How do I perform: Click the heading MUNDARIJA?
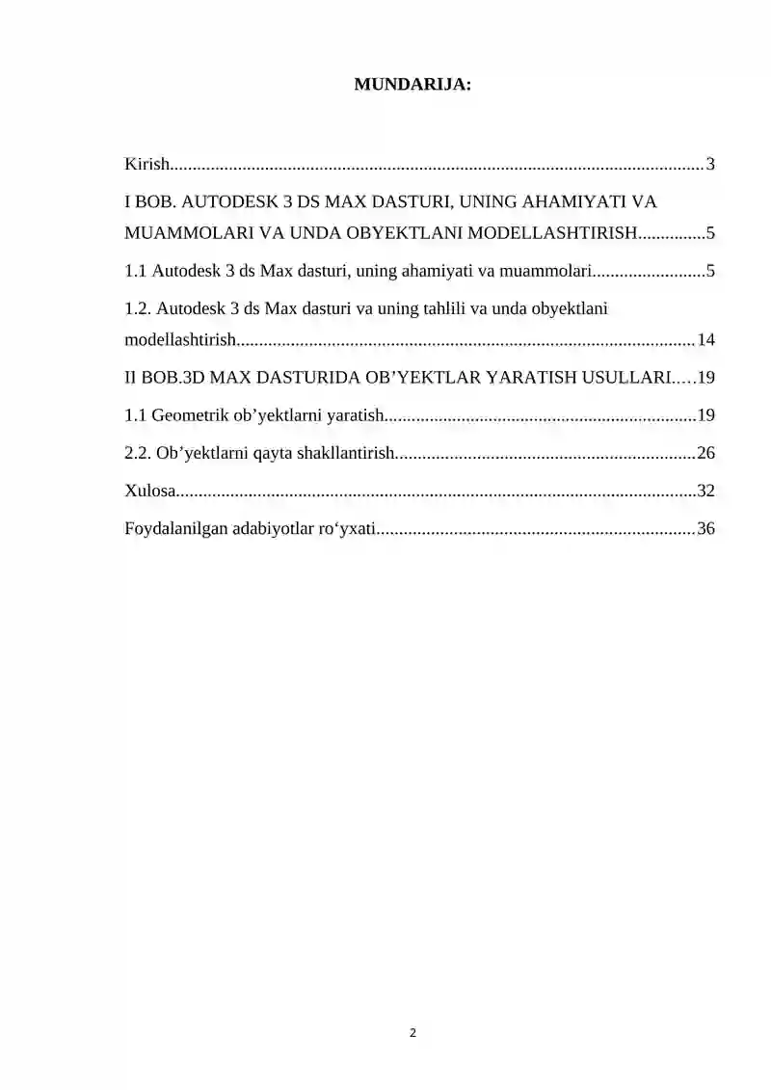(412, 85)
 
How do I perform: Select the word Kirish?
(146, 164)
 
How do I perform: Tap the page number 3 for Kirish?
(710, 164)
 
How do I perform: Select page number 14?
(705, 339)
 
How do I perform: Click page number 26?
(705, 453)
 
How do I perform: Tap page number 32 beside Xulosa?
(705, 491)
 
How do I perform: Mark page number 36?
(705, 528)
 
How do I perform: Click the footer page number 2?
(412, 1033)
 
